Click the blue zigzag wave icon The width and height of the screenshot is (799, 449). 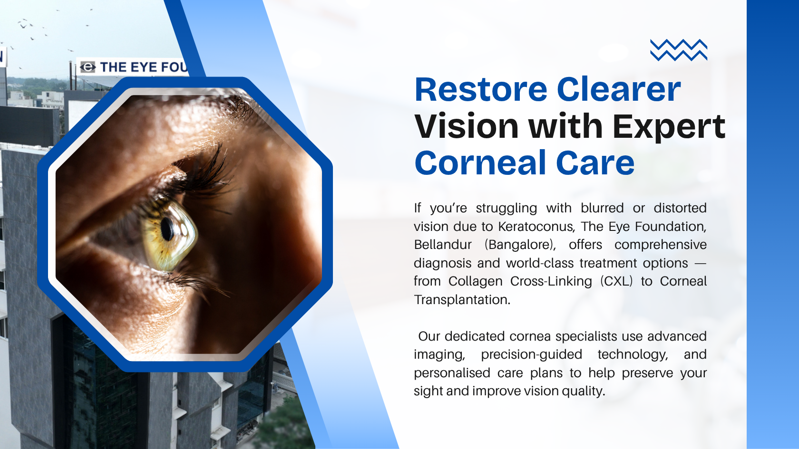coord(679,50)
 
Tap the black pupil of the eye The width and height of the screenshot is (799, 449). coord(167,229)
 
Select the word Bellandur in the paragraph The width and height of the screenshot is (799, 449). coord(443,245)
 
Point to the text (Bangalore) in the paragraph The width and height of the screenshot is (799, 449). coord(520,245)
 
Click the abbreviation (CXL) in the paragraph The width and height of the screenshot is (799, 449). coord(616,281)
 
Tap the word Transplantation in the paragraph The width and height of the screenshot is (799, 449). coord(462,300)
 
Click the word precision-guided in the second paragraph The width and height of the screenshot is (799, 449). coord(531,354)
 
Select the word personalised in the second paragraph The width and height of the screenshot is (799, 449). coord(452,373)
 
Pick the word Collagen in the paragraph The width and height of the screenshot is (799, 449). coord(475,281)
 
